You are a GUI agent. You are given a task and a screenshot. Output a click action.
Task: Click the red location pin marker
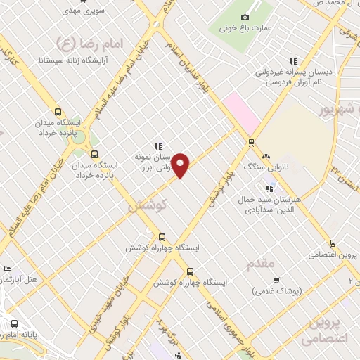(x=181, y=165)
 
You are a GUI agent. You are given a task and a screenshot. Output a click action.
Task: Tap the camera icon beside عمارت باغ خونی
(x=245, y=17)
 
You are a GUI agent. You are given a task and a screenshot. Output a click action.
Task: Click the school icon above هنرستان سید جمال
(x=268, y=188)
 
